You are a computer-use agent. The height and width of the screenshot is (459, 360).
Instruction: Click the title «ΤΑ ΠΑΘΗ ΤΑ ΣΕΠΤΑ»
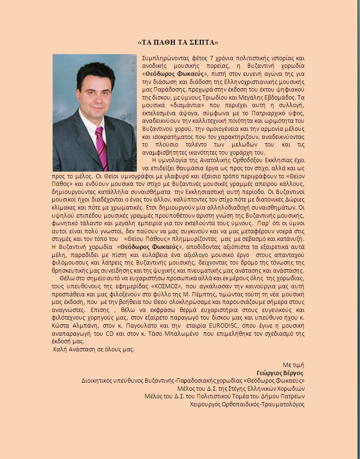coord(178,42)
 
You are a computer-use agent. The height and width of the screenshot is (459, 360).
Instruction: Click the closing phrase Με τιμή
coord(293,365)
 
